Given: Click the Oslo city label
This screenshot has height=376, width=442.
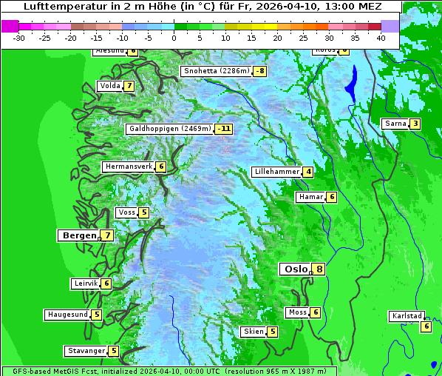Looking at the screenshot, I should (x=294, y=269).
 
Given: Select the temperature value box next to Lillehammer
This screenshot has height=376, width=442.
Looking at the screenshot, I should (x=308, y=172).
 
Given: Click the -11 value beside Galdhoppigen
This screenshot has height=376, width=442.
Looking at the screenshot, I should (x=224, y=129).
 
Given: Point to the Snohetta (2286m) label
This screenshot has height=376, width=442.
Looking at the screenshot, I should (x=216, y=71).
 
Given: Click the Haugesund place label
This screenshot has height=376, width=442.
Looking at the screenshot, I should (x=67, y=315).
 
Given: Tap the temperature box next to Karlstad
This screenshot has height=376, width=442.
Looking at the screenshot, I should (x=426, y=326).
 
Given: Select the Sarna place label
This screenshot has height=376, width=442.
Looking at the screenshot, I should (x=395, y=124).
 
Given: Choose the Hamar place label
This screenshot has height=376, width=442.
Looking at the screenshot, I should (x=310, y=197).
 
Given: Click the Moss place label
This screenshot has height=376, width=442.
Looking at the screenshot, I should (x=297, y=312).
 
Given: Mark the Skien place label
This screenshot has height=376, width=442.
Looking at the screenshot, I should (x=253, y=332).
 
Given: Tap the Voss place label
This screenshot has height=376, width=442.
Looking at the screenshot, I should (x=126, y=212).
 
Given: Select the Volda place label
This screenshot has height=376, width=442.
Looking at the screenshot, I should (x=109, y=86).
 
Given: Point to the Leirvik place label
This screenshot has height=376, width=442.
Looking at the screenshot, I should (x=85, y=283).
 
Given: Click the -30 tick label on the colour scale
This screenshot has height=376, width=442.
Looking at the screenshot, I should (x=19, y=38).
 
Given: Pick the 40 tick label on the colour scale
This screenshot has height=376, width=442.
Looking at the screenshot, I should (x=381, y=38).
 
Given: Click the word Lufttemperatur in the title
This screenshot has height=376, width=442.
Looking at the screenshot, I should (x=56, y=7).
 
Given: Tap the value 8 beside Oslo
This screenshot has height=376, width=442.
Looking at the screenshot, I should (x=319, y=269).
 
